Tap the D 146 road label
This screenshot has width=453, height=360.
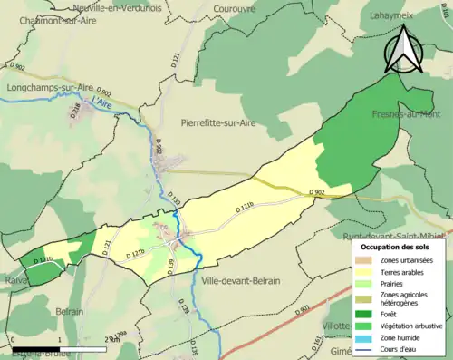[76, 111]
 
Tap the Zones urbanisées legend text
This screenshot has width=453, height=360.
[407, 259]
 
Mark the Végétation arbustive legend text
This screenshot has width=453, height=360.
[413, 326]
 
